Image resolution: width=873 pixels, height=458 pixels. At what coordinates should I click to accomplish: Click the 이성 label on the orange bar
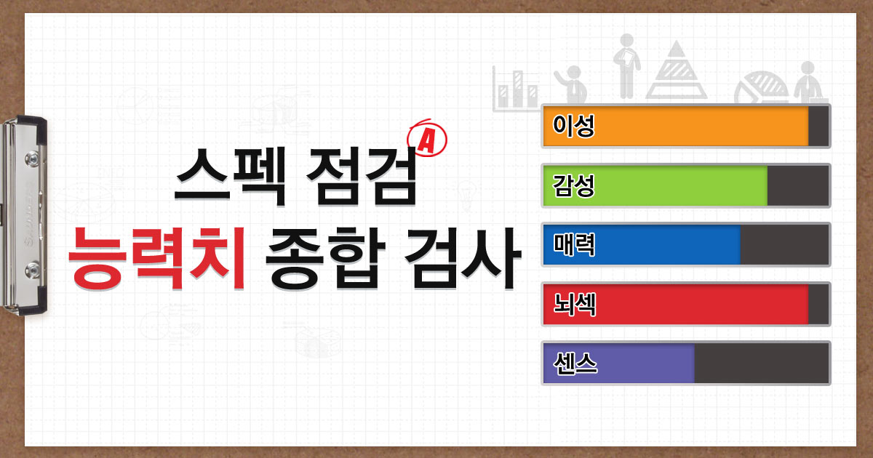coord(574,126)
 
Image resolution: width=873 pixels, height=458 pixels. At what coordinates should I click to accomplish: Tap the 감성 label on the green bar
coord(574,185)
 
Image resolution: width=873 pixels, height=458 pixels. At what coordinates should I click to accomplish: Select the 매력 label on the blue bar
coord(574,244)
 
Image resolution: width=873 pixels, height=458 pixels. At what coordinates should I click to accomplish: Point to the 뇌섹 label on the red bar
coord(575,304)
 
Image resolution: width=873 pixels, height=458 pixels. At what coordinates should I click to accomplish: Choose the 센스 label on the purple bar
coord(575,363)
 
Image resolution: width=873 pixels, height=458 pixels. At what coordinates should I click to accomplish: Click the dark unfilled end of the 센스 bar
coord(761,363)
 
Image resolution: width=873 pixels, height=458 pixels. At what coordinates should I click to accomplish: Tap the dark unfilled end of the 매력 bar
coord(784,244)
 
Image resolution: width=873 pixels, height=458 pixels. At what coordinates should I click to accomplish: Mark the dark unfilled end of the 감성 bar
coord(798,185)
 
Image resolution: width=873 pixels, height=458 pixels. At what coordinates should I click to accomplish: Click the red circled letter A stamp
coord(427,138)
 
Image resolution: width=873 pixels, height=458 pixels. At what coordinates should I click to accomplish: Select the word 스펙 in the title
coord(231,177)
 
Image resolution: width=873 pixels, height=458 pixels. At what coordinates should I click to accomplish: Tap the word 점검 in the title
coord(362,177)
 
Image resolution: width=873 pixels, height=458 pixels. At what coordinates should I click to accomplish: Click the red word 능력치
coord(156,259)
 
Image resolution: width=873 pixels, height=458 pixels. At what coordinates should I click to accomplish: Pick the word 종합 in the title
coord(325,259)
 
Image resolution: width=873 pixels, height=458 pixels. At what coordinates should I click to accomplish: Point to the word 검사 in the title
coord(463,259)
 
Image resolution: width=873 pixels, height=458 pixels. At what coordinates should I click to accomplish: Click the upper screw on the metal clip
coord(32,158)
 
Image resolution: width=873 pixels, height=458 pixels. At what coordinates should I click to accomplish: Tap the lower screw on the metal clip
coord(32,270)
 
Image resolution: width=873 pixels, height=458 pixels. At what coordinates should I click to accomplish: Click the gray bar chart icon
coord(515,89)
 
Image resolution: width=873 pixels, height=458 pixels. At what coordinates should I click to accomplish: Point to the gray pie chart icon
coord(760,87)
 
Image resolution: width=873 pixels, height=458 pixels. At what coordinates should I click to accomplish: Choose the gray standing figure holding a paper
coord(626,66)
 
